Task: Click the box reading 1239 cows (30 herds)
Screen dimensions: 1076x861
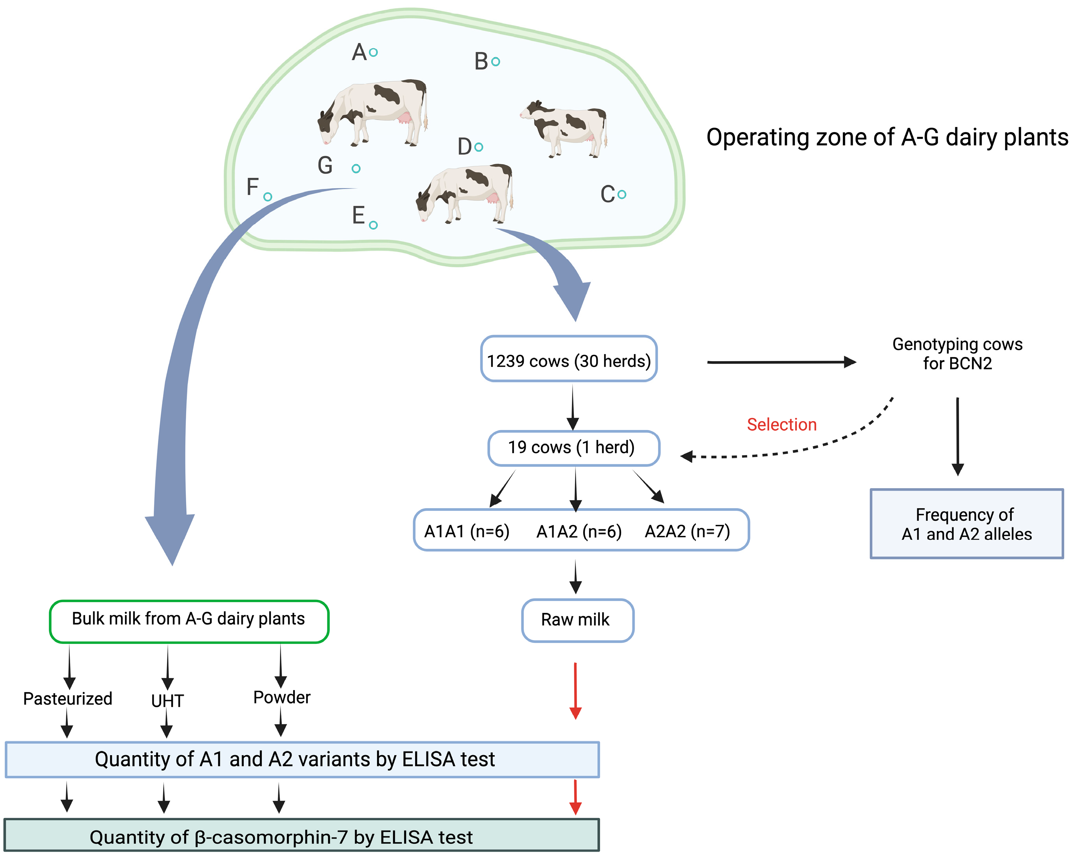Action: (x=569, y=359)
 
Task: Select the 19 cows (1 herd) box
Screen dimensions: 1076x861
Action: (x=573, y=448)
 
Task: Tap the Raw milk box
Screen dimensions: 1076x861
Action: (x=578, y=620)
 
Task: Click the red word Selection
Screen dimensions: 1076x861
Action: (x=782, y=425)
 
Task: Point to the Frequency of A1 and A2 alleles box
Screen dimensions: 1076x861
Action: (x=967, y=523)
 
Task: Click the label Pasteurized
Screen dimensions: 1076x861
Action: (x=68, y=698)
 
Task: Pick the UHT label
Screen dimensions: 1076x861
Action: (x=167, y=701)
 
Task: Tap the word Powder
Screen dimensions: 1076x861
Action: (x=281, y=697)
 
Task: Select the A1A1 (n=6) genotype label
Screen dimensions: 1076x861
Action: (x=466, y=531)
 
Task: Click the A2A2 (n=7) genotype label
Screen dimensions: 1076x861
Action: (x=687, y=531)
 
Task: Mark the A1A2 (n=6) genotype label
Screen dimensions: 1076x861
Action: (x=579, y=532)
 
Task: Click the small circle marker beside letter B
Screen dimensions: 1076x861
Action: (x=495, y=62)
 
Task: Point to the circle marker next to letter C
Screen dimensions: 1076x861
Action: (x=622, y=194)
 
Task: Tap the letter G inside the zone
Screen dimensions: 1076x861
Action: (x=325, y=165)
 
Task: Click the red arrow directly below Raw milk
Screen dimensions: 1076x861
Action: (x=575, y=691)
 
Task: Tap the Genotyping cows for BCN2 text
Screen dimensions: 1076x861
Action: (x=957, y=353)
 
